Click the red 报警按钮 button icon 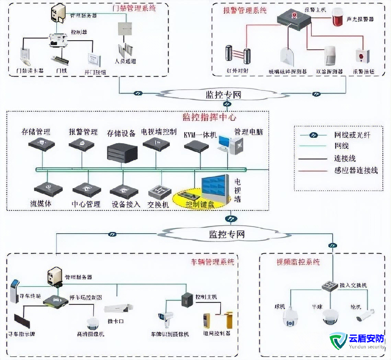[x=360, y=56]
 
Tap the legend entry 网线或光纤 [x=352, y=135]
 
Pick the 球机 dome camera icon [x=289, y=317]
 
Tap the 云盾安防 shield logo [x=338, y=340]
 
